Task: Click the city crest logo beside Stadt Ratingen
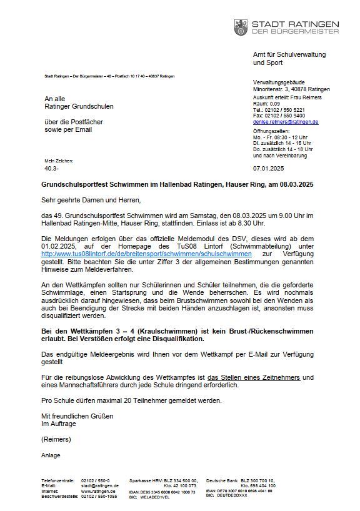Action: pos(240,27)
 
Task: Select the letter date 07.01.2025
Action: pos(267,168)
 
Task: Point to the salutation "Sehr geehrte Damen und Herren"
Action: pos(91,200)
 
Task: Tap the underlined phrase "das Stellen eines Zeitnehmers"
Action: pos(260,376)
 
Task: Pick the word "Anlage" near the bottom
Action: pos(51,455)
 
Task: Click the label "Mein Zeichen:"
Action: pos(55,161)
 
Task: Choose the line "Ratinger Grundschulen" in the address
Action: pos(79,107)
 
